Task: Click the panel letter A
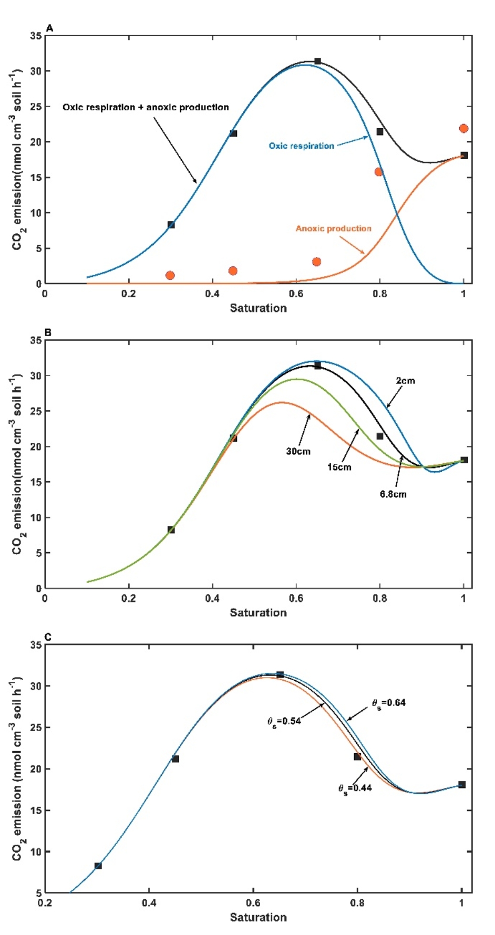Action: pyautogui.click(x=50, y=28)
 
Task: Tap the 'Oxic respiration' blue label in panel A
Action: pyautogui.click(x=301, y=146)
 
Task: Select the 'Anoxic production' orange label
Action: pyautogui.click(x=333, y=228)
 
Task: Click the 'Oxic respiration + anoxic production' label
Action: pyautogui.click(x=146, y=107)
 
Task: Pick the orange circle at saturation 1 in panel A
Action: pyautogui.click(x=463, y=128)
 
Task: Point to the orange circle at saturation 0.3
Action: pyautogui.click(x=170, y=275)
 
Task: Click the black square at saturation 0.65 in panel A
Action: pyautogui.click(x=317, y=61)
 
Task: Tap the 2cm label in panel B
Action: pyautogui.click(x=405, y=380)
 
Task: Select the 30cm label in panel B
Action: pyautogui.click(x=298, y=451)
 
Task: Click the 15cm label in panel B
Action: pyautogui.click(x=339, y=467)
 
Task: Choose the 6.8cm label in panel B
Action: pyautogui.click(x=393, y=494)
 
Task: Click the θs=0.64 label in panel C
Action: pyautogui.click(x=389, y=703)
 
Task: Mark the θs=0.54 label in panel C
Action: pyautogui.click(x=284, y=721)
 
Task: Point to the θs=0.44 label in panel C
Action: pyautogui.click(x=355, y=788)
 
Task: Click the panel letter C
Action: pyautogui.click(x=48, y=637)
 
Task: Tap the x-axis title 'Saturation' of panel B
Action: pyautogui.click(x=258, y=612)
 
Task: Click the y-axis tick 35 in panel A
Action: pyautogui.click(x=36, y=36)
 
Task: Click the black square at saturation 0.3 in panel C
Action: pyautogui.click(x=98, y=866)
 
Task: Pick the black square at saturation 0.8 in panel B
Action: pyautogui.click(x=380, y=436)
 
